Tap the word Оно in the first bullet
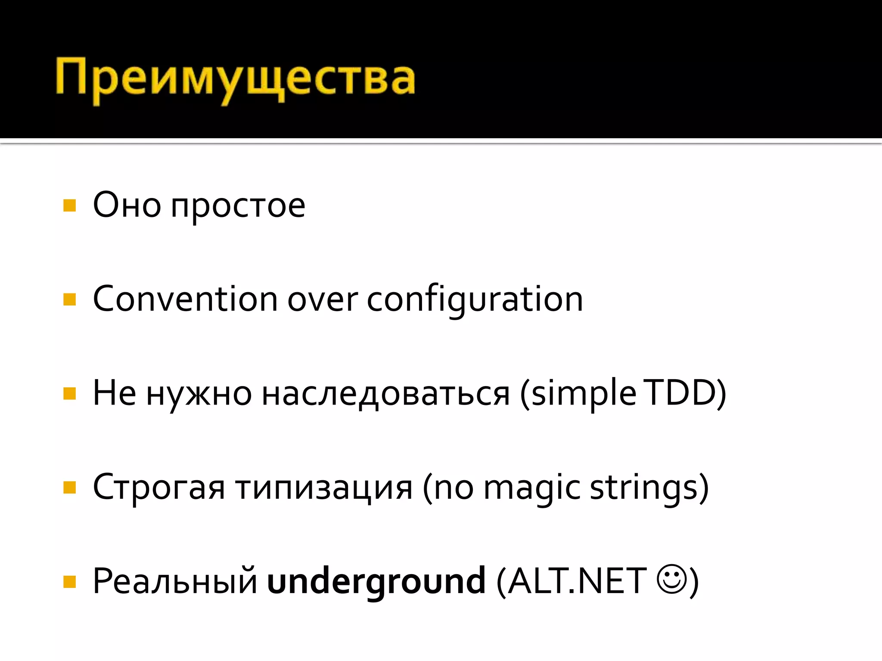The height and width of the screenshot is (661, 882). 127,205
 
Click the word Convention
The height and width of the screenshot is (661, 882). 185,299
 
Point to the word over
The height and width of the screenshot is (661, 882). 322,300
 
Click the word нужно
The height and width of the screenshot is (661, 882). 199,394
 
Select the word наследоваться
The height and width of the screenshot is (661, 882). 385,394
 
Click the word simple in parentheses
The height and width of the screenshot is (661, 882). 584,394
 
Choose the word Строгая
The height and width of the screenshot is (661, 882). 158,488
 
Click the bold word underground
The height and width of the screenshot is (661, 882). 376,582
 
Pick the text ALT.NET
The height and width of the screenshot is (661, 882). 577,581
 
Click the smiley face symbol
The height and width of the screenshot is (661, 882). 671,579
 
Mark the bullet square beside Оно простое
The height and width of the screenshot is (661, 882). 69,205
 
